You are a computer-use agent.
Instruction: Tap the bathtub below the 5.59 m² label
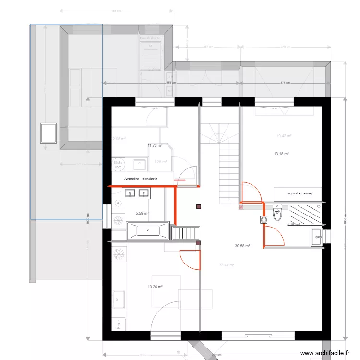pos(148,230)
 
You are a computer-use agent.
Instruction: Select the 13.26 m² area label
pos(155,287)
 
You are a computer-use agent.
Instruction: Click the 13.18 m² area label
pos(281,154)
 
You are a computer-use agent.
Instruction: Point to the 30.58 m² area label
pos(242,246)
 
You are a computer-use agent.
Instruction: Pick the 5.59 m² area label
pos(142,214)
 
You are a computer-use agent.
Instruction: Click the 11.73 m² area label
pos(155,145)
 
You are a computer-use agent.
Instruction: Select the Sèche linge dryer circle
pos(118,165)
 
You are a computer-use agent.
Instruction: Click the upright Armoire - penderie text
pos(141,179)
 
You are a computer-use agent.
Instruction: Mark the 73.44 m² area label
pos(226,265)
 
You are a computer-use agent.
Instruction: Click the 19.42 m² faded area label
pos(284,136)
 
